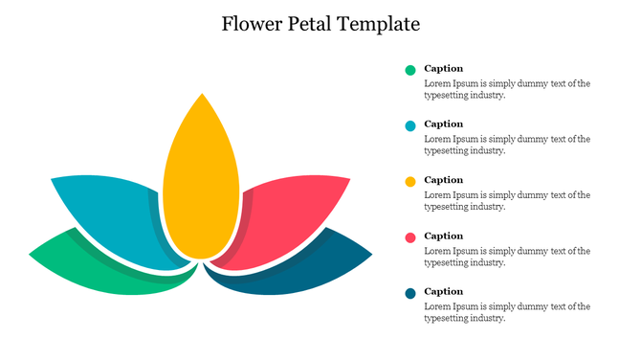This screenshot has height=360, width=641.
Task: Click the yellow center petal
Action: point(201,182)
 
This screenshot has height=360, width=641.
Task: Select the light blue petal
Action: point(110,215)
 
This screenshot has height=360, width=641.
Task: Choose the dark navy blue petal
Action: point(306,268)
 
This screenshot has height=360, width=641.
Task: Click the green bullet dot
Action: point(410,70)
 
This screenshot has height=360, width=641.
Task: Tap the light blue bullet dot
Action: point(410,125)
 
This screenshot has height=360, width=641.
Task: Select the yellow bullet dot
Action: point(410,181)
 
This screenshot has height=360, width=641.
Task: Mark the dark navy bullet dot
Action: point(410,293)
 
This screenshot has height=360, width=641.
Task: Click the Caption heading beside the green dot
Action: point(443,68)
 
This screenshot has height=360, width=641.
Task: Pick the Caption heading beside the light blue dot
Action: point(443,124)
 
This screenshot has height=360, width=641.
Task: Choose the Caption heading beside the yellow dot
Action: point(443,180)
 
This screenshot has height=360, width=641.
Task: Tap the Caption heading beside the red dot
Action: point(443,236)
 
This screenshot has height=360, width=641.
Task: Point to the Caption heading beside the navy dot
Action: point(443,291)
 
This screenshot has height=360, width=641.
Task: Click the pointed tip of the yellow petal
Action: point(202,95)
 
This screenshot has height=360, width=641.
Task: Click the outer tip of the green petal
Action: point(32,255)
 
